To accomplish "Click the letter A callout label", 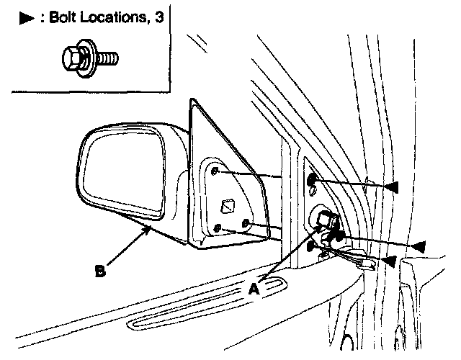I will click(x=254, y=289).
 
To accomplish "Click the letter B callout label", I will click(x=101, y=271).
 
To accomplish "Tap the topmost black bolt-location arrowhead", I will click(x=390, y=188).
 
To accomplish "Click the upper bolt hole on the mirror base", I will click(x=217, y=171).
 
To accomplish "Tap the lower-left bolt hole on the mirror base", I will click(x=218, y=229).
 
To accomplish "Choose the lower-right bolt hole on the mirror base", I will click(x=246, y=223).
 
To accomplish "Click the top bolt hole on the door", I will click(x=312, y=180).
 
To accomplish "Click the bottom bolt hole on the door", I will click(x=310, y=247).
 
